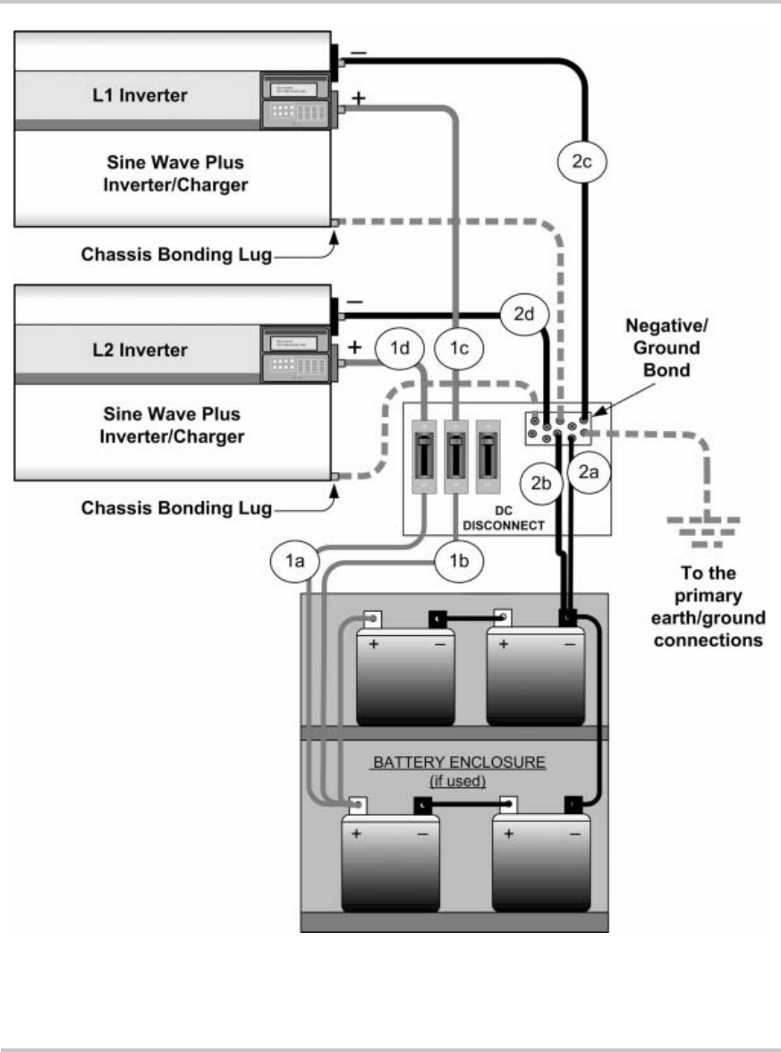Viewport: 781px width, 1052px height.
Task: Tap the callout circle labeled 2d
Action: coord(527,314)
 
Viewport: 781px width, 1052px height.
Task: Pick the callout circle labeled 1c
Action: coord(459,350)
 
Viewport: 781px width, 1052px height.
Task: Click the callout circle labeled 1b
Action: coord(458,561)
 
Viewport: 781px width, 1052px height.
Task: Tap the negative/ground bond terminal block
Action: coord(558,428)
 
